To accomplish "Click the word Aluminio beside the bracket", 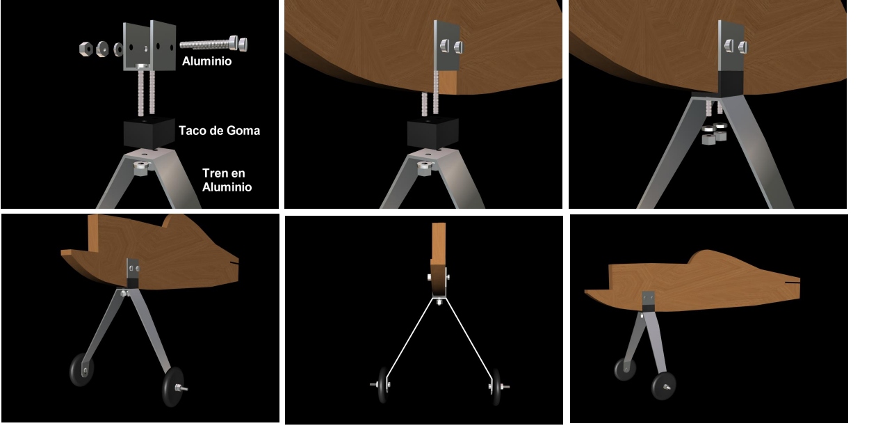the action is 206,61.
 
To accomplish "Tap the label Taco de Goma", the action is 219,131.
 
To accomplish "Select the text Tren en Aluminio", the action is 227,180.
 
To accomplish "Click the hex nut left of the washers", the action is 86,49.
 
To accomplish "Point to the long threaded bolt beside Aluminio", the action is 213,45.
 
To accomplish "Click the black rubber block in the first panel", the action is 149,132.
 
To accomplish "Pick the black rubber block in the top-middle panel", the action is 433,132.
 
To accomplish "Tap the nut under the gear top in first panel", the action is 141,168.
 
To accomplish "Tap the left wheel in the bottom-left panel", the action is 81,370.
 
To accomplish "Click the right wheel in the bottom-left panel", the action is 173,387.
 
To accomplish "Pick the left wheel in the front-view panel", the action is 382,385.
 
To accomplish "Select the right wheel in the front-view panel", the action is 496,386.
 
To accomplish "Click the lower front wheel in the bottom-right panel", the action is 664,386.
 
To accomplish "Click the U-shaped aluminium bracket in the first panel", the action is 149,47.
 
